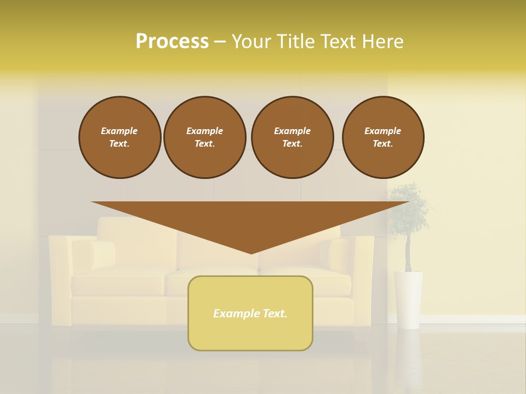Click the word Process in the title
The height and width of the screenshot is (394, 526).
(172, 42)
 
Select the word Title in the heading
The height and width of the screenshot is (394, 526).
(298, 42)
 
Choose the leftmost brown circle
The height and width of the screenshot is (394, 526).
(119, 137)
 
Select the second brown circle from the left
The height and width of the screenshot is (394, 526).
(204, 137)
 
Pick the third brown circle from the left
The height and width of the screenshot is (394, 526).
(292, 137)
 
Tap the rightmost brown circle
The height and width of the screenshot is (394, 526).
(382, 137)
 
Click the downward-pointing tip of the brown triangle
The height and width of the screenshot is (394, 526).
(251, 252)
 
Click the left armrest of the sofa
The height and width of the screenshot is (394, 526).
(60, 279)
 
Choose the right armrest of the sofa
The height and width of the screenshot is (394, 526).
(363, 279)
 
